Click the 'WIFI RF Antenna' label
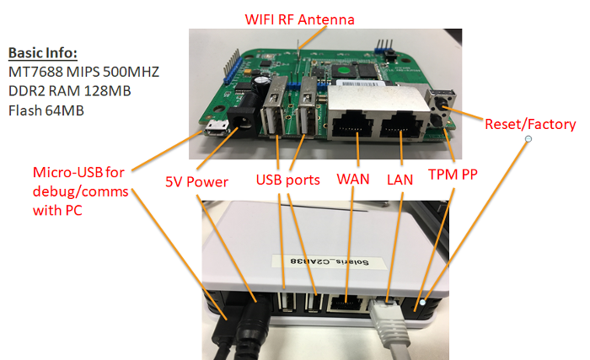click(299, 19)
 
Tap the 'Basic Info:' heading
click(42, 51)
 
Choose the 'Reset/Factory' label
click(530, 124)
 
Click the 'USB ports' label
click(288, 180)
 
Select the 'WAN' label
click(353, 180)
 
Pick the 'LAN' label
click(400, 180)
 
